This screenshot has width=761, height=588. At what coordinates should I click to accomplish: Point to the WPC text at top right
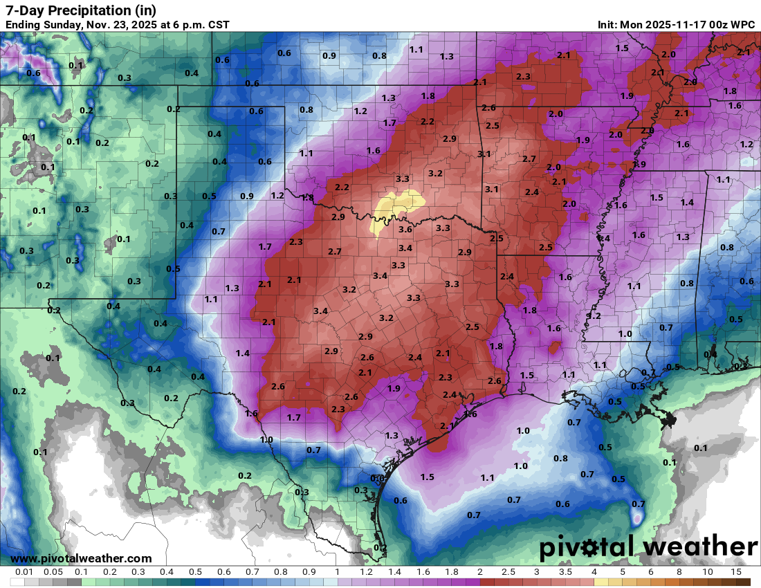(742, 25)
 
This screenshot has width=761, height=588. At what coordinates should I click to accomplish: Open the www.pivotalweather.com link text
(81, 558)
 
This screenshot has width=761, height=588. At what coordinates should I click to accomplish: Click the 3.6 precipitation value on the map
(405, 230)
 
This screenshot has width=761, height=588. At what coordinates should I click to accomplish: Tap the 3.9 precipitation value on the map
(639, 164)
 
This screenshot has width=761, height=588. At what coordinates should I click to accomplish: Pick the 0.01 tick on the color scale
(24, 572)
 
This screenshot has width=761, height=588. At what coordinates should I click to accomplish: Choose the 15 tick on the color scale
(736, 572)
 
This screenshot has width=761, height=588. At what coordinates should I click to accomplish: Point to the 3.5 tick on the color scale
(565, 572)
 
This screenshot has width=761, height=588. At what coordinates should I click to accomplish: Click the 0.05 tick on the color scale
(53, 572)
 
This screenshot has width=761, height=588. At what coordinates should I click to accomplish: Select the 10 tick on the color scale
(708, 572)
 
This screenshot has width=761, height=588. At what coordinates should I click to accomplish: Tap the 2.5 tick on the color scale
(508, 572)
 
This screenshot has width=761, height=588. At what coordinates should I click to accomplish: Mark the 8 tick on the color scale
(679, 572)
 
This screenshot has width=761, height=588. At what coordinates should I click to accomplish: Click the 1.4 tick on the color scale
(394, 572)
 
